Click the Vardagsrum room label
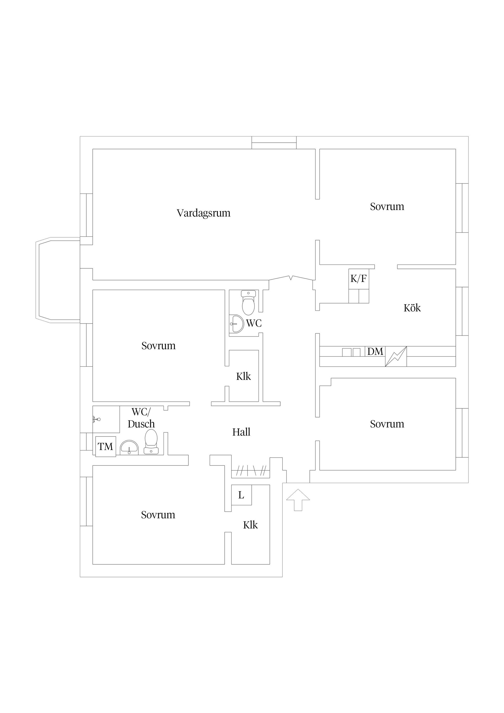203,213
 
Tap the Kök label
412,308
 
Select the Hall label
241,432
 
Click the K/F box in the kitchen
358,279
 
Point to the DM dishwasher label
375,352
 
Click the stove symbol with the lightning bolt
396,356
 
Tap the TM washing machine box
105,447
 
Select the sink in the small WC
236,324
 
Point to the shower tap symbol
97,420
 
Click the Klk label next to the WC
243,376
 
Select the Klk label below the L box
250,525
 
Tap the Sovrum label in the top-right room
387,207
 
